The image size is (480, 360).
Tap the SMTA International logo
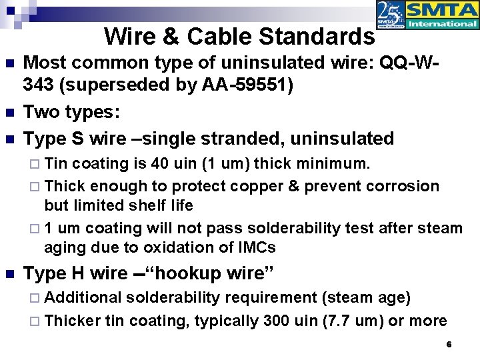click(x=427, y=16)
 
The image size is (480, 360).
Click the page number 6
click(x=449, y=345)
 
